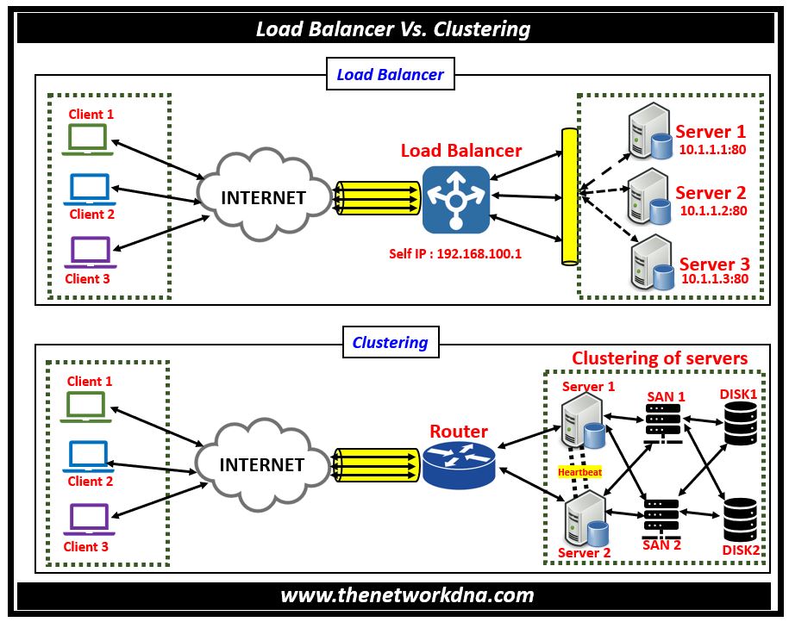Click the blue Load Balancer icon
coord(456,200)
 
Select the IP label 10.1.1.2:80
coord(713,210)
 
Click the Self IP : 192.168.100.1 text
coord(456,253)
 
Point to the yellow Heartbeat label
coord(579,471)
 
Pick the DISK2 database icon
coord(740,519)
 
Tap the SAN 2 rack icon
coord(662,516)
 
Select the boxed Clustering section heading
coord(390,342)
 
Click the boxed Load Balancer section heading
coord(390,75)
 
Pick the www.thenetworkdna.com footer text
coord(394,595)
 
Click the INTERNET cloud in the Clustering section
coord(262,464)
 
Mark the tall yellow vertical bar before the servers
coord(568,196)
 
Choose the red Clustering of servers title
coord(660,358)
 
